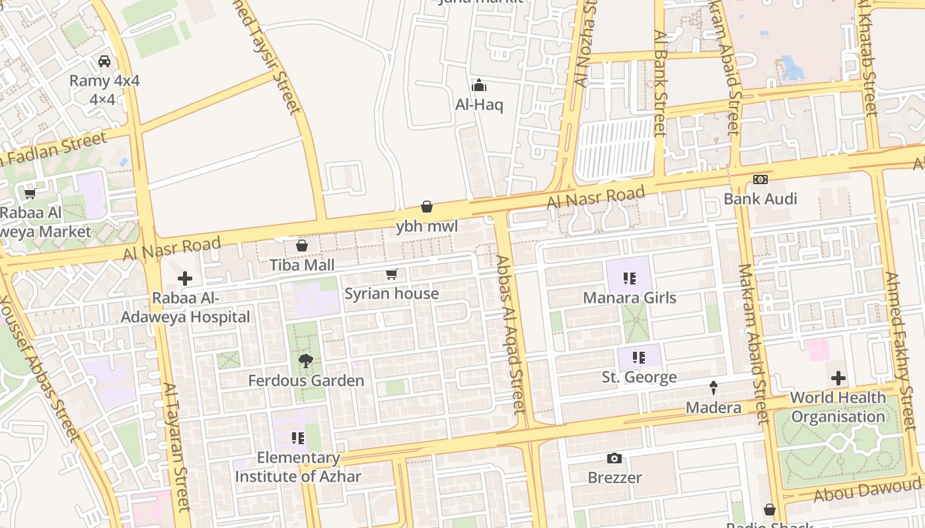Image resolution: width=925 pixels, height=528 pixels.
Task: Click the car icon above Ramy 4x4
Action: pyautogui.click(x=104, y=61)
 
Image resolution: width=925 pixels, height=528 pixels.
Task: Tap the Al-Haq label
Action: pyautogui.click(x=479, y=105)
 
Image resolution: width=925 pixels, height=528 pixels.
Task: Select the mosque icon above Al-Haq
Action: pyautogui.click(x=479, y=85)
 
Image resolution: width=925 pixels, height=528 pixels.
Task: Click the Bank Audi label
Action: pyautogui.click(x=760, y=199)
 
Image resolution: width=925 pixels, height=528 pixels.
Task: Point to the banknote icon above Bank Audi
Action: pyautogui.click(x=760, y=180)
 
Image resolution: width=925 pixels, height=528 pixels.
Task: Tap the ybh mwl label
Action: pyautogui.click(x=427, y=226)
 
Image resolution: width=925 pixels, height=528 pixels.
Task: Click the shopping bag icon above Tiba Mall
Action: pyautogui.click(x=302, y=246)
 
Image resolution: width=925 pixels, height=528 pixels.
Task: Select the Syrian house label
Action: pyautogui.click(x=392, y=294)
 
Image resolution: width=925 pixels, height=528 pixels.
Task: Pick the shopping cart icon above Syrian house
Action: pyautogui.click(x=392, y=274)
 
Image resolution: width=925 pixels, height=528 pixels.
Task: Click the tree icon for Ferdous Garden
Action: pyautogui.click(x=305, y=361)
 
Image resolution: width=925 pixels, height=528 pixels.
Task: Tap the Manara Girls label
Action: pyautogui.click(x=630, y=298)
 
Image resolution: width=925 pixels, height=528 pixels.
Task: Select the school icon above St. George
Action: pyautogui.click(x=639, y=358)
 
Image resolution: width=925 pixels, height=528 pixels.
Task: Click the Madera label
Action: pyautogui.click(x=714, y=407)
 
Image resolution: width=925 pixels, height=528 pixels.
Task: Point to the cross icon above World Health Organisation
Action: pyautogui.click(x=838, y=378)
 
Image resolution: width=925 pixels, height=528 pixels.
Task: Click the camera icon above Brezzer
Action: pyautogui.click(x=614, y=458)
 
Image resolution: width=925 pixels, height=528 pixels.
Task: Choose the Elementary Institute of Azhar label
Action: pyautogui.click(x=298, y=467)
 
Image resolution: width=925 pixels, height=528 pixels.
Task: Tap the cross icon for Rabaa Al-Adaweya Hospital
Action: pyautogui.click(x=185, y=279)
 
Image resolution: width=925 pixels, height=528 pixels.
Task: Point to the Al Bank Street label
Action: pyautogui.click(x=660, y=82)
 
